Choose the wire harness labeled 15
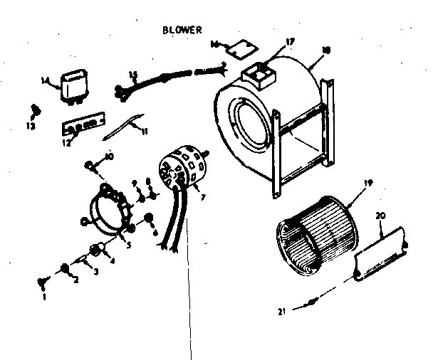[x=164, y=80]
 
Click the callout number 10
[x=109, y=157]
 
